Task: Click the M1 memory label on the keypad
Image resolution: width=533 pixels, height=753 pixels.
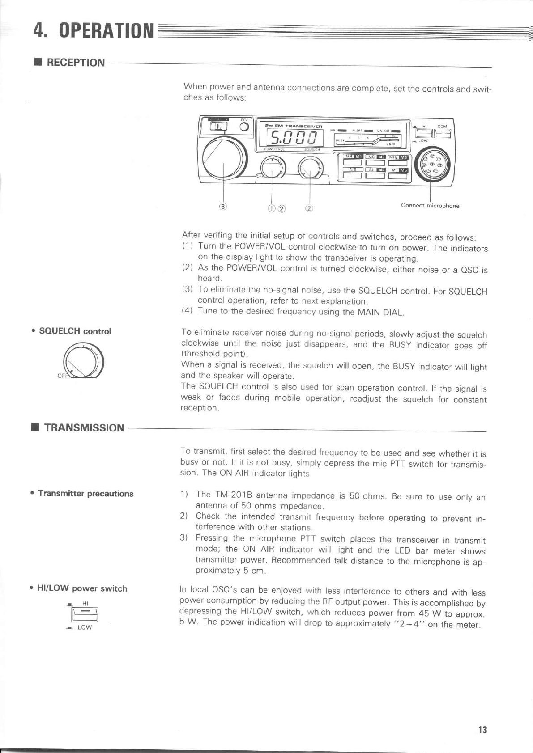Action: point(358,157)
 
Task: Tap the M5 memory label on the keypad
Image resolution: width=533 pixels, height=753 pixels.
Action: point(403,170)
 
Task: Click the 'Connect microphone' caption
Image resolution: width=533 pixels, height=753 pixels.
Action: point(430,206)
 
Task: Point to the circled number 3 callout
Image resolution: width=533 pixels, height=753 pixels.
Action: point(223,206)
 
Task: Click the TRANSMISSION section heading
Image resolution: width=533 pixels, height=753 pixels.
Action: point(84,428)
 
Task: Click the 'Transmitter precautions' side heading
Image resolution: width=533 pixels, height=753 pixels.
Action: point(85,494)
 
